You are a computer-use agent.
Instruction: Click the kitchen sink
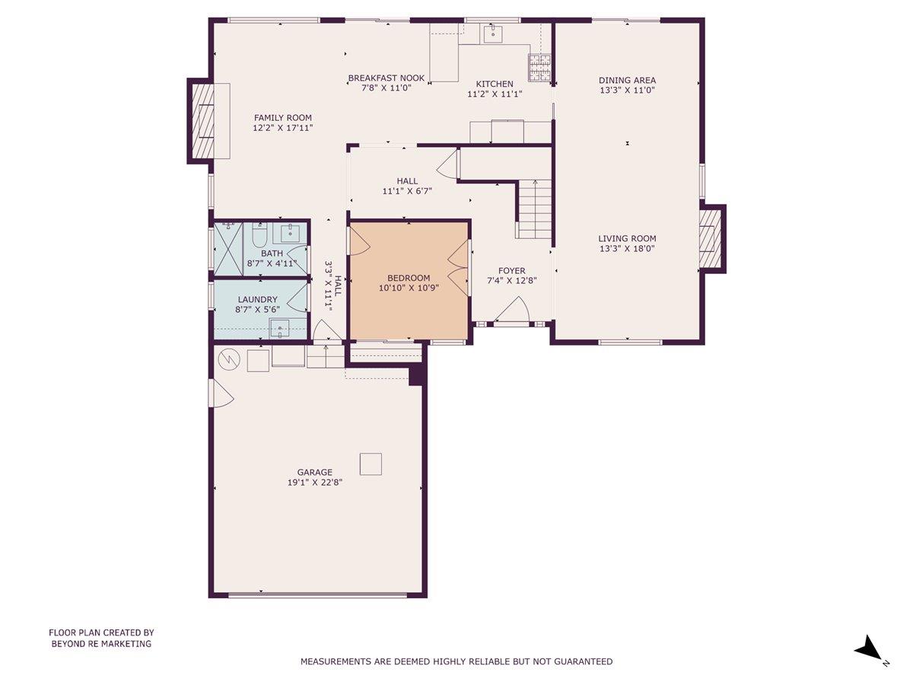tap(492, 33)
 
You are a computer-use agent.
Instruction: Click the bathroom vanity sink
tap(291, 232)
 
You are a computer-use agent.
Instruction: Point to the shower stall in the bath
tap(227, 248)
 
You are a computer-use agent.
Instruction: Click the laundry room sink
tap(280, 329)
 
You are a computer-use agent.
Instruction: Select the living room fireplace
tap(711, 238)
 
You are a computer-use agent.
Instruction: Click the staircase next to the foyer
tap(535, 209)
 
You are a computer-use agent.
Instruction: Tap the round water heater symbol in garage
tap(227, 358)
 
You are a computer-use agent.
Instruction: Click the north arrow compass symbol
tap(868, 650)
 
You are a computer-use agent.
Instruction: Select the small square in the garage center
tap(371, 464)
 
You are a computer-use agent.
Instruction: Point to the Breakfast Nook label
tap(386, 78)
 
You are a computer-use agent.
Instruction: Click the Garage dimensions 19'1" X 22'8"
tap(315, 483)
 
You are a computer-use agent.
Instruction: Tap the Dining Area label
tap(627, 80)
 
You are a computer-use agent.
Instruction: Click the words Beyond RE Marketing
tap(101, 644)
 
